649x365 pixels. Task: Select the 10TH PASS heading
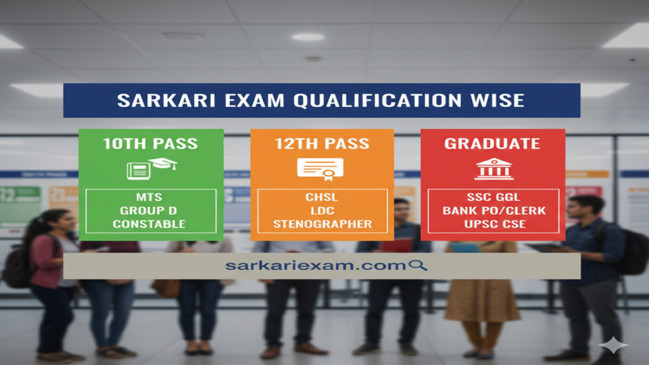(151, 144)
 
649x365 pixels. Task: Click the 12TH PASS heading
(322, 144)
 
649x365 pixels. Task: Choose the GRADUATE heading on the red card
(492, 144)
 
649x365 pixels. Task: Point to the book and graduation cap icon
(151, 168)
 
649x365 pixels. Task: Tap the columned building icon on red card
(494, 169)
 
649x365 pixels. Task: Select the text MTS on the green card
(150, 197)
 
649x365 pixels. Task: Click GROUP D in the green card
(150, 210)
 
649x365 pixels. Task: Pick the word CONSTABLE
(150, 224)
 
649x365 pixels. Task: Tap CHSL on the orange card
(322, 197)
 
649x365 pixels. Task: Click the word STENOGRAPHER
(322, 224)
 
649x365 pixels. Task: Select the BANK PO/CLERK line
(493, 210)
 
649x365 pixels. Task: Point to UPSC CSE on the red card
(493, 224)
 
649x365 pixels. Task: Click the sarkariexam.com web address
(315, 266)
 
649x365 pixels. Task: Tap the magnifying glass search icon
(417, 266)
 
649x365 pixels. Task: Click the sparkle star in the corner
(614, 346)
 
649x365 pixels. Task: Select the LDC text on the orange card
(322, 210)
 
